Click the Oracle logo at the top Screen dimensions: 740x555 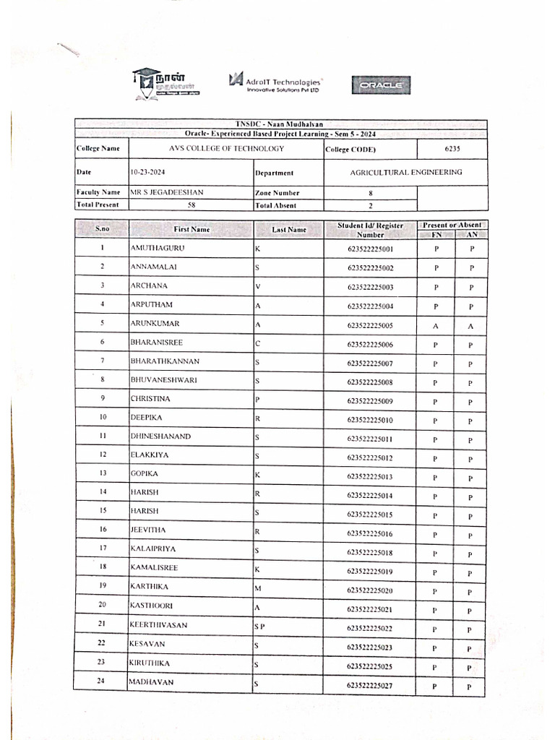(381, 86)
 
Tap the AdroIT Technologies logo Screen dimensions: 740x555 (275, 82)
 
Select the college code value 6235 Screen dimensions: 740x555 (452, 149)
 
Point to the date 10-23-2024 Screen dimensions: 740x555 (148, 173)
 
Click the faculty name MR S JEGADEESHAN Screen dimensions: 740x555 (167, 192)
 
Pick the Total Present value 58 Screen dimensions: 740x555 (191, 205)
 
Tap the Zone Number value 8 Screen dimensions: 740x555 (371, 193)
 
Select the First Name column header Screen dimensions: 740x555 (192, 229)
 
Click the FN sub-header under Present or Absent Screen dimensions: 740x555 (436, 234)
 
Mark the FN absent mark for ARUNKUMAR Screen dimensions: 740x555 (436, 326)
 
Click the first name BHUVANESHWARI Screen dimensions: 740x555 (163, 379)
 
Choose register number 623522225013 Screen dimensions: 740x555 (370, 478)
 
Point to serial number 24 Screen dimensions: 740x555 (102, 681)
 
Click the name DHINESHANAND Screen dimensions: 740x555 (160, 436)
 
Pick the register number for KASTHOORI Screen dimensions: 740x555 (370, 610)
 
